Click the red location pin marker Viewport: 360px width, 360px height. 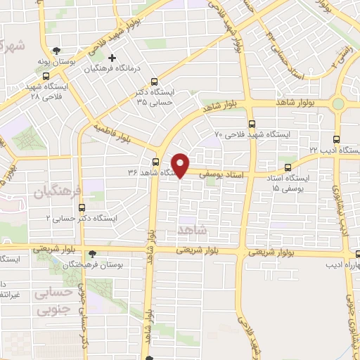181,164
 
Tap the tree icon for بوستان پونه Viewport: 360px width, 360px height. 56,50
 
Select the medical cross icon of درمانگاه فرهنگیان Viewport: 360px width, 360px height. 110,58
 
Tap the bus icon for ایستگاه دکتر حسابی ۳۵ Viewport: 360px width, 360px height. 155,81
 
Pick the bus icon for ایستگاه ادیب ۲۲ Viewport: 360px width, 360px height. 336,139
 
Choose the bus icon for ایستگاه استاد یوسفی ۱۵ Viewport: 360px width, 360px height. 288,167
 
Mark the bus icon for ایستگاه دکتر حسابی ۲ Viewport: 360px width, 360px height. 83,207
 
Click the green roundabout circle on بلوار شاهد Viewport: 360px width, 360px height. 338,103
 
